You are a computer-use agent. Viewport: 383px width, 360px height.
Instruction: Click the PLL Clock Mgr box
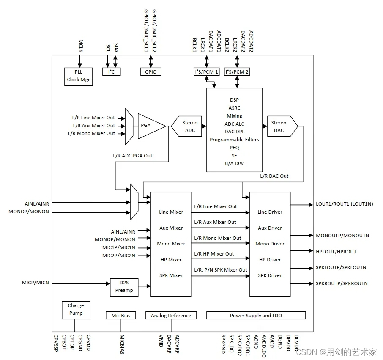pyautogui.click(x=78, y=76)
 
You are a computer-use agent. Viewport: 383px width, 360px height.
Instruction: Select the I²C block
pyautogui.click(x=112, y=72)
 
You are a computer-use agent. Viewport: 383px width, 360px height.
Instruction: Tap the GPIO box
pyautogui.click(x=150, y=72)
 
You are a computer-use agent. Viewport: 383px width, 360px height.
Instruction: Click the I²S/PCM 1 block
pyautogui.click(x=206, y=72)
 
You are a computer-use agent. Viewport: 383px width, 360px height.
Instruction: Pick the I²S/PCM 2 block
pyautogui.click(x=237, y=72)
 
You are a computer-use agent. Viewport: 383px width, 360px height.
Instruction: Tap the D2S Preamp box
pyautogui.click(x=124, y=287)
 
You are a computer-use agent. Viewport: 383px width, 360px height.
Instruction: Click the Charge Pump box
pyautogui.click(x=76, y=309)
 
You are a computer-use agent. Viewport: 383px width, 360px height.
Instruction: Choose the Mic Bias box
pyautogui.click(x=120, y=316)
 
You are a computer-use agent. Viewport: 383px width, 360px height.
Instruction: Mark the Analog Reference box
pyautogui.click(x=171, y=316)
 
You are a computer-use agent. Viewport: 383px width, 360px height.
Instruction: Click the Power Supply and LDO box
pyautogui.click(x=256, y=316)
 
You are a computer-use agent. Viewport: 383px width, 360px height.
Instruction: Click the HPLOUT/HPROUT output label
pyautogui.click(x=336, y=252)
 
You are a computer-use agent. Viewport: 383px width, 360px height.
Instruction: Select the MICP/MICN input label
pyautogui.click(x=35, y=282)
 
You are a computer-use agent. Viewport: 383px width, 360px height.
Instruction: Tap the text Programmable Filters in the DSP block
pyautogui.click(x=234, y=140)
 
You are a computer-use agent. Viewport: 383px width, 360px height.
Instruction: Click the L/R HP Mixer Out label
pyautogui.click(x=214, y=254)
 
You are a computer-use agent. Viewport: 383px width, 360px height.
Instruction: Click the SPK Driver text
pyautogui.click(x=270, y=275)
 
